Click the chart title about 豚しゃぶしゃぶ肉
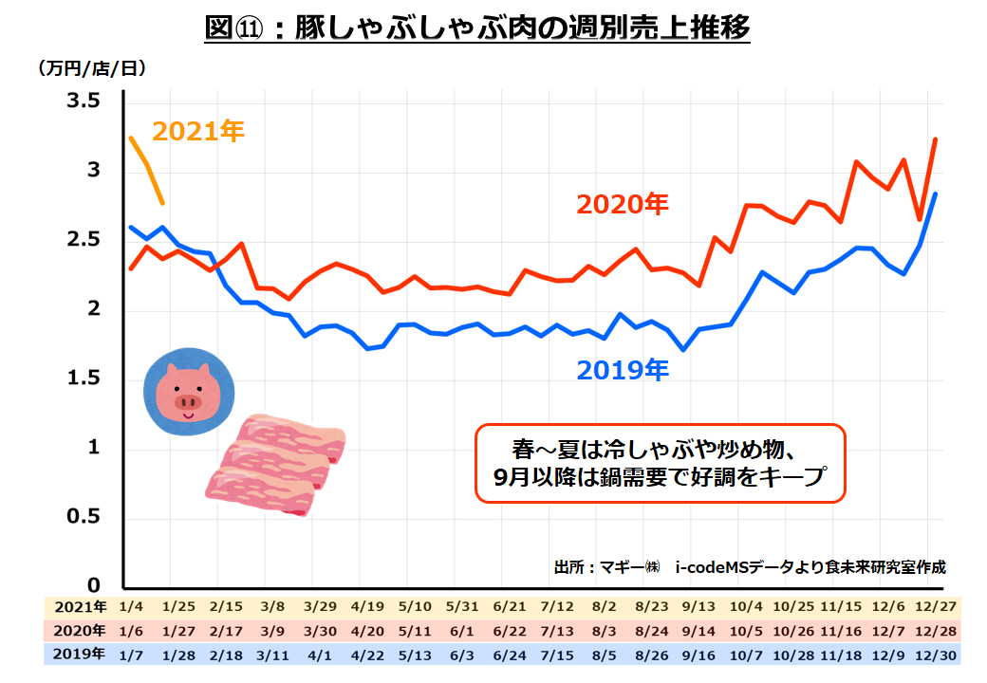tap(477, 28)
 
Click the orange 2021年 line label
tap(198, 131)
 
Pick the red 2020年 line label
tap(623, 204)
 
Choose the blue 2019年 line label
tap(623, 369)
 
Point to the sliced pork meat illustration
tap(274, 464)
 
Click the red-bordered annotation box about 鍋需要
tap(659, 462)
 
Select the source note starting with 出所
tap(750, 567)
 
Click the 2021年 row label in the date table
tap(80, 606)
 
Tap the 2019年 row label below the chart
tap(80, 654)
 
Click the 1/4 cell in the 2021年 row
tap(131, 606)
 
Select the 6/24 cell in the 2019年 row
tap(511, 654)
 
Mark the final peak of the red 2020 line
tap(936, 139)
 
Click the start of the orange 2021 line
tap(131, 138)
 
